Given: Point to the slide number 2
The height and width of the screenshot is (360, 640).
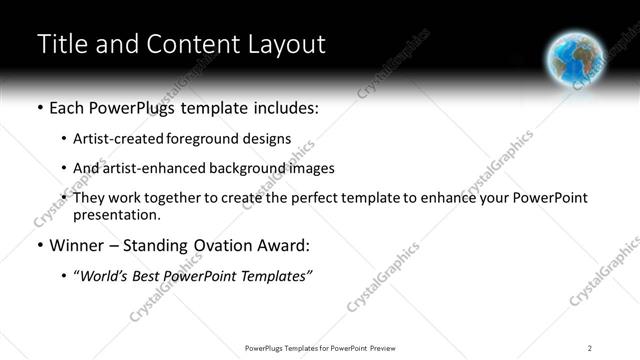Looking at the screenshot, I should [x=589, y=347].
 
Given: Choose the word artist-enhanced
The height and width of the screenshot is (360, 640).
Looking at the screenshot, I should [x=147, y=168].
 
